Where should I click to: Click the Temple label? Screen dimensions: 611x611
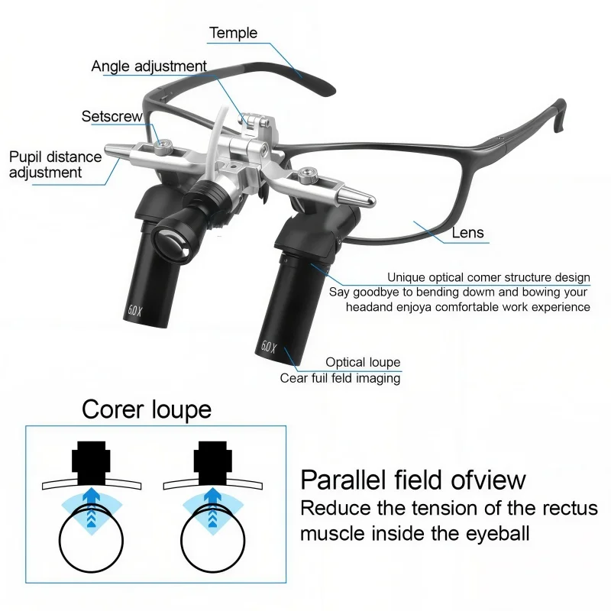[x=233, y=33]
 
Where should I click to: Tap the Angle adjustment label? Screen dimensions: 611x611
[x=149, y=66]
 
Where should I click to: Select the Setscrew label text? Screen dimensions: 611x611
[x=112, y=116]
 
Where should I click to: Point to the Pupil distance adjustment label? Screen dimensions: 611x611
[x=55, y=164]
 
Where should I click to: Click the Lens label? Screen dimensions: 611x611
[x=467, y=233]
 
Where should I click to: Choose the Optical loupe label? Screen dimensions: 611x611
[x=363, y=362]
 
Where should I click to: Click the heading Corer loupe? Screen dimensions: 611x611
[x=147, y=409]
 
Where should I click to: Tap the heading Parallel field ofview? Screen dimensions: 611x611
[x=413, y=480]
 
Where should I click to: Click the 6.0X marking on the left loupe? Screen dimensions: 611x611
[x=135, y=311]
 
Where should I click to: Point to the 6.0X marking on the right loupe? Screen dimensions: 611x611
[x=269, y=347]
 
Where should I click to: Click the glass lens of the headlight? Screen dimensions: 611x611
[x=170, y=243]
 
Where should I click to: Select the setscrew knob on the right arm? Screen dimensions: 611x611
[x=308, y=175]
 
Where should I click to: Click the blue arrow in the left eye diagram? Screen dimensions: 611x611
[x=91, y=507]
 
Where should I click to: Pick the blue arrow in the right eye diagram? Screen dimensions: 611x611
[x=213, y=507]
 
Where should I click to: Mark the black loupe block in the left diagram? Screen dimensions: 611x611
[x=91, y=463]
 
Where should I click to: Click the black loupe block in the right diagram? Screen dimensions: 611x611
[x=213, y=463]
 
